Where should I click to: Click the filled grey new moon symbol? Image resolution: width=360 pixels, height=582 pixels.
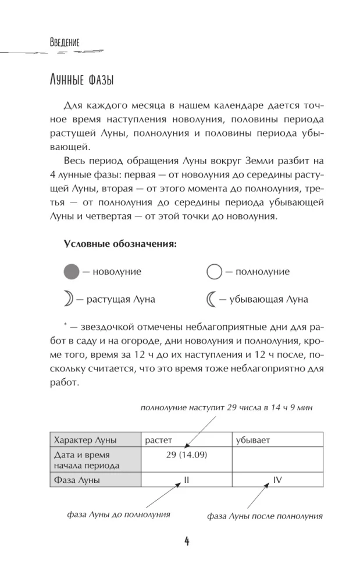click(x=70, y=271)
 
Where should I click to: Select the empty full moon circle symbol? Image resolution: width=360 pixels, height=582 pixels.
click(x=215, y=271)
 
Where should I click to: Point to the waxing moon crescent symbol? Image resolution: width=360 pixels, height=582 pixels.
click(x=69, y=299)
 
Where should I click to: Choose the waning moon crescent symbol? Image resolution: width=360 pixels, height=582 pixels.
click(x=212, y=299)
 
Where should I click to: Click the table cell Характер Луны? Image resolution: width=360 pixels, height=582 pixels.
click(x=84, y=439)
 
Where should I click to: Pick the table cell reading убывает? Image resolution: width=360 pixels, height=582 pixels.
click(x=253, y=439)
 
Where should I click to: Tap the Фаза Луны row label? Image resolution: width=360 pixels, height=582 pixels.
click(x=76, y=480)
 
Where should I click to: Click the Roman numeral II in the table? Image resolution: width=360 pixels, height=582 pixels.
click(x=187, y=480)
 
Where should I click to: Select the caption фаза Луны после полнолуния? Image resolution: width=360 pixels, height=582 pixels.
click(x=265, y=516)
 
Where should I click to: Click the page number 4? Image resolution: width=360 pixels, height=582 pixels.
click(x=187, y=541)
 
